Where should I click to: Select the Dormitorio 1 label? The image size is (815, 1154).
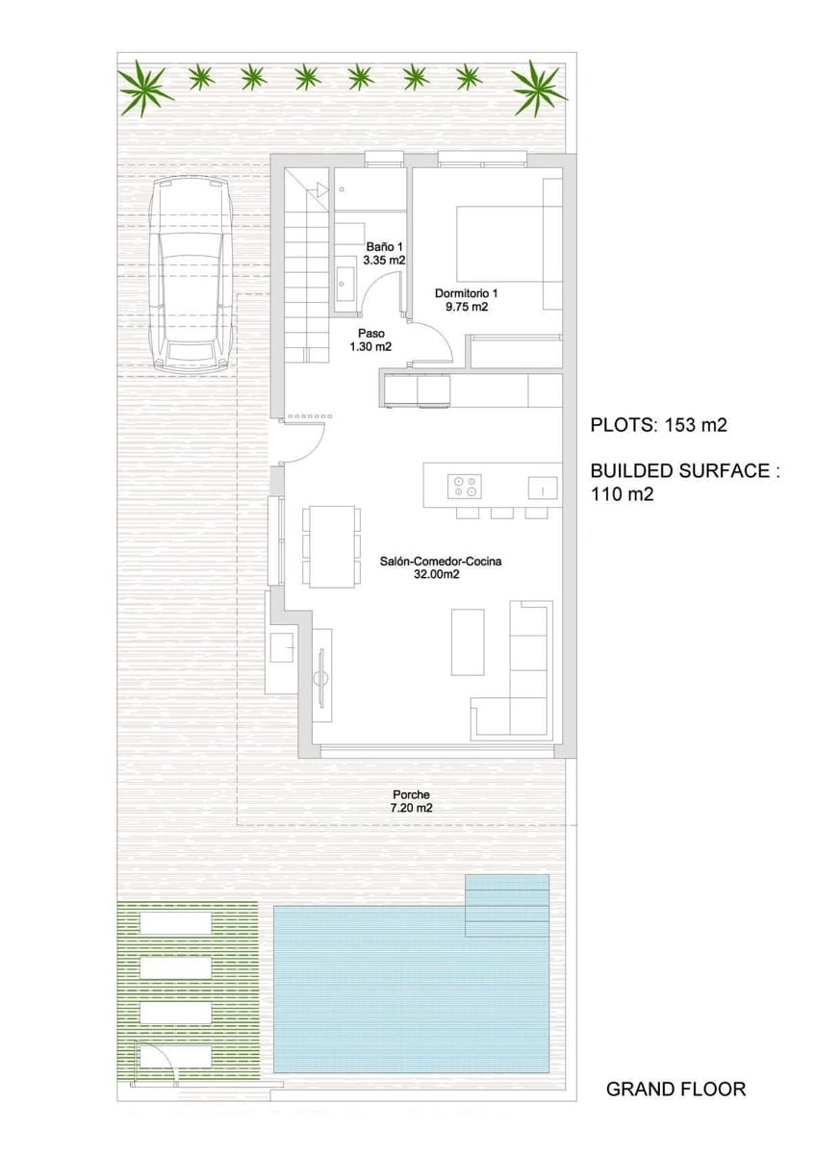tap(467, 300)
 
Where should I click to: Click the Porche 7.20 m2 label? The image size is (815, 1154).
tap(411, 801)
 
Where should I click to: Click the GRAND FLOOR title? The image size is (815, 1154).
tap(675, 1090)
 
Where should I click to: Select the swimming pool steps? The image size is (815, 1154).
tap(506, 905)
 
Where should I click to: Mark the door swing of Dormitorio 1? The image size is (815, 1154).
tap(428, 339)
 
